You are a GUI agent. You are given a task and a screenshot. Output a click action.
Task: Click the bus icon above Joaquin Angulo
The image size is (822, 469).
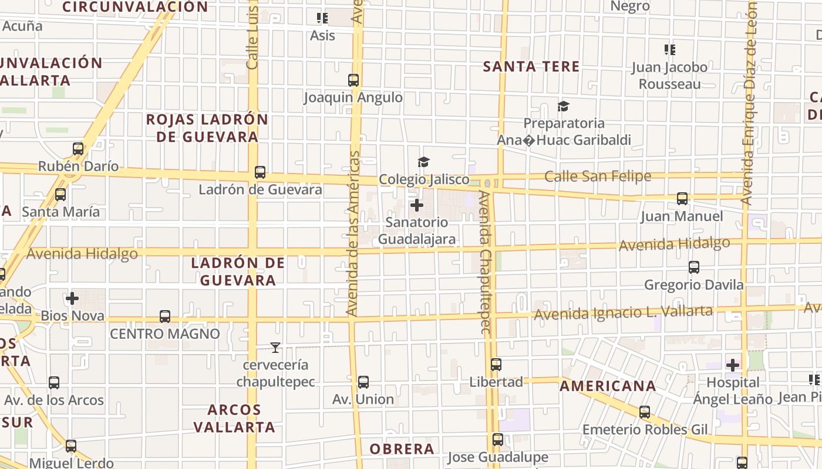point(353,80)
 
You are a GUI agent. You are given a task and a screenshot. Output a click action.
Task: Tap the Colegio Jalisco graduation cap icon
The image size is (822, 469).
point(423,162)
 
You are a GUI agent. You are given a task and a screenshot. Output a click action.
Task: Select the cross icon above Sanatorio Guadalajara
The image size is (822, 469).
point(417,205)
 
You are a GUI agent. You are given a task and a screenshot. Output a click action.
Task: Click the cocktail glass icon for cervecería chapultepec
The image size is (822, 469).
point(275,348)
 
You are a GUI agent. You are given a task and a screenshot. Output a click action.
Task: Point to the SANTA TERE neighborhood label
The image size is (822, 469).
point(531,67)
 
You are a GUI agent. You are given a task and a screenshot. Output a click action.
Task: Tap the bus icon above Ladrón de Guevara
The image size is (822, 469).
point(260,172)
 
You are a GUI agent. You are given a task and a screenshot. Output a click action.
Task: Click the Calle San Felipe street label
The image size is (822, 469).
point(598,176)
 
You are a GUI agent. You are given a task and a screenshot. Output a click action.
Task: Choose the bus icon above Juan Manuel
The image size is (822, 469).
point(682,199)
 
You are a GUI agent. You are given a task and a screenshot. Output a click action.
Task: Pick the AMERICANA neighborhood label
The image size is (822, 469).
point(608,386)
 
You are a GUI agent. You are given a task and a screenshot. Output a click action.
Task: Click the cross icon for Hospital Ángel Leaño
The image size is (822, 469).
point(732,365)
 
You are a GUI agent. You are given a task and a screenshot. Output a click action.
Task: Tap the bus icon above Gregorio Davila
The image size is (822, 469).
point(694,267)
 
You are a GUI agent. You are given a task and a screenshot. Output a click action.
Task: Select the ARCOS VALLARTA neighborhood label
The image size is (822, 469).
point(234,418)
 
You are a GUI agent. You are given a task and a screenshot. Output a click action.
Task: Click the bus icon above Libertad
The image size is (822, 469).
point(496,365)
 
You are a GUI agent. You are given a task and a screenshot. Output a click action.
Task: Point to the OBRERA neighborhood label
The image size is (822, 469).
point(402,449)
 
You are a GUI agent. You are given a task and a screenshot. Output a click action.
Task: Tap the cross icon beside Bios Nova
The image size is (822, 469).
point(72,298)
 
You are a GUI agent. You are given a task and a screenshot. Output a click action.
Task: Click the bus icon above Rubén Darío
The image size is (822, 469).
point(78,149)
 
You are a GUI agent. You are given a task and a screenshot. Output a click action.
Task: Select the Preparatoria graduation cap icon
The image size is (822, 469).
point(564,106)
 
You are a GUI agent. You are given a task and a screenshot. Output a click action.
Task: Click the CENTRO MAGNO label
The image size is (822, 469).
point(165,334)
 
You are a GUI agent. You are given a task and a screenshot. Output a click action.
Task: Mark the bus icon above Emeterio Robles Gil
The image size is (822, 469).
point(645,412)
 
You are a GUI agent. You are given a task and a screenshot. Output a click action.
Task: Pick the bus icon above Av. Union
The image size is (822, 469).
point(363,382)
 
